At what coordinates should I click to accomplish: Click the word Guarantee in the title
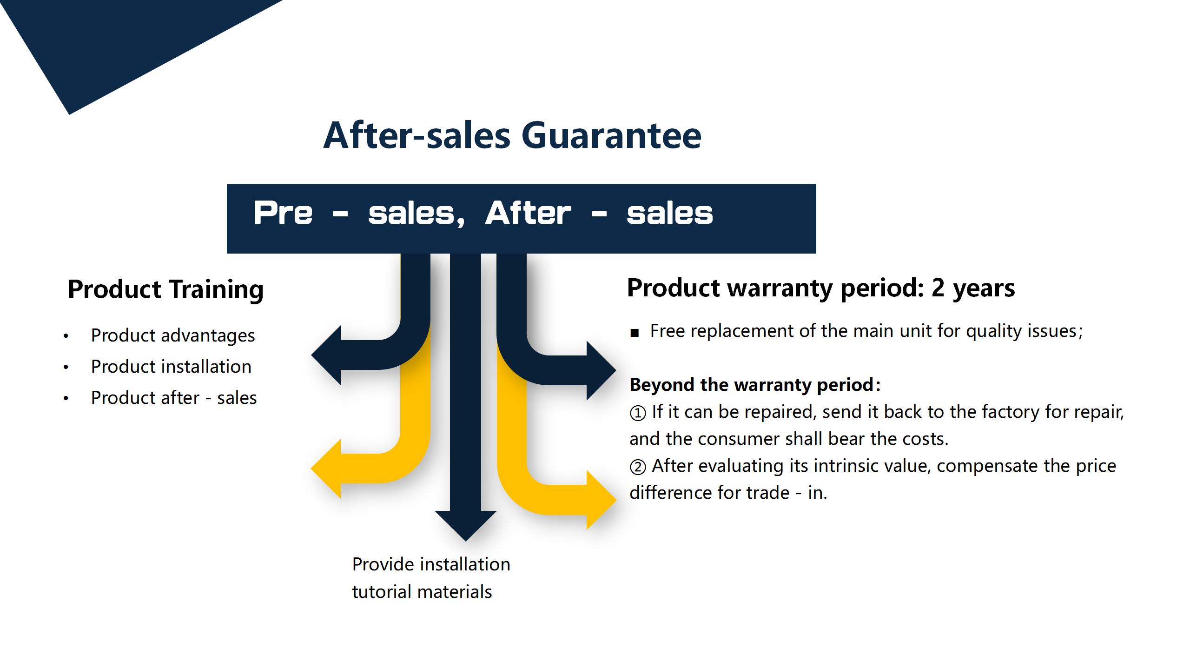611,136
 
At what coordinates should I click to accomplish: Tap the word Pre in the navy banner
283,213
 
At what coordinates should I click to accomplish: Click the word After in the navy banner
528,213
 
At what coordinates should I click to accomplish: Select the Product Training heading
165,289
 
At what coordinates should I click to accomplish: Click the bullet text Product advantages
173,335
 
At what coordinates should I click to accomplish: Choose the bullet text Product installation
171,367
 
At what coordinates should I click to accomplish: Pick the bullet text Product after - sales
174,398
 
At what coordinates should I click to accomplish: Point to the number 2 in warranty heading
938,288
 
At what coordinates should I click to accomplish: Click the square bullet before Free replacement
635,333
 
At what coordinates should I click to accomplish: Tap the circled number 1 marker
638,413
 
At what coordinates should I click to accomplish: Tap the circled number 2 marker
638,467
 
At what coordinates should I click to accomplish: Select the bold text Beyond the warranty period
752,385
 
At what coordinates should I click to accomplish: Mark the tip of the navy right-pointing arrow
616,371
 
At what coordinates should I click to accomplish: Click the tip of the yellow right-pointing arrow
616,500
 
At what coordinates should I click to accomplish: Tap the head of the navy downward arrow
466,526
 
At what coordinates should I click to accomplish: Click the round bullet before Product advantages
66,336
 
